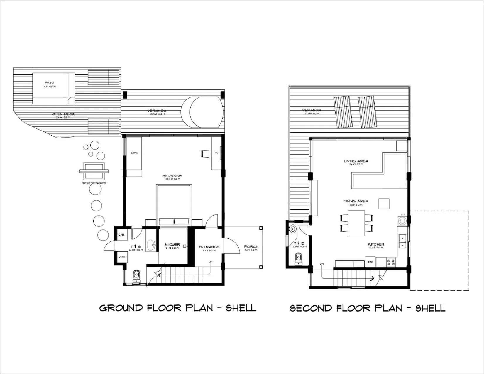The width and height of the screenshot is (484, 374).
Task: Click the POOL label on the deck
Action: (x=50, y=83)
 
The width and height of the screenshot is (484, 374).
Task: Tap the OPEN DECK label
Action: (x=63, y=114)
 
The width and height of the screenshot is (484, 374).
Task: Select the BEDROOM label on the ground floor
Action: (x=172, y=176)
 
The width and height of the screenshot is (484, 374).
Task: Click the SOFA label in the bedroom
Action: (x=134, y=153)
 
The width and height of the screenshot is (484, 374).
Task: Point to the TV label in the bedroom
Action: (x=217, y=153)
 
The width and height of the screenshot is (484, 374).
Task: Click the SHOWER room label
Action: (x=172, y=245)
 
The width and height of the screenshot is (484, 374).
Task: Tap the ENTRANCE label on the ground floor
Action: (x=209, y=247)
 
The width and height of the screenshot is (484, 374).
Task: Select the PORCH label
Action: (x=251, y=247)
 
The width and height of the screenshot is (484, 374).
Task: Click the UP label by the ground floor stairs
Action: (x=210, y=262)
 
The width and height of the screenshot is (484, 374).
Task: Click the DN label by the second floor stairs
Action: (x=322, y=264)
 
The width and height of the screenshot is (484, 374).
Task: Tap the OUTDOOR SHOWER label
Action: (x=94, y=183)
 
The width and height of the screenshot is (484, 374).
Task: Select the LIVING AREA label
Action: (x=356, y=161)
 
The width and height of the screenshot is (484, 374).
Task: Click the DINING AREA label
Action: (x=356, y=201)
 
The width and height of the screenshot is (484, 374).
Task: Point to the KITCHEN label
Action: (x=376, y=244)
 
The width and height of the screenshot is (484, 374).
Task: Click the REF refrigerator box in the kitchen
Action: (x=370, y=262)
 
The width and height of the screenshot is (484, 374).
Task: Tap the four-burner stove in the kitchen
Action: (x=391, y=262)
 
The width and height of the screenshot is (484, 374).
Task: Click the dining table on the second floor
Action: (x=356, y=223)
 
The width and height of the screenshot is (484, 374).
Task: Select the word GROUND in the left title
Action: (x=121, y=308)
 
